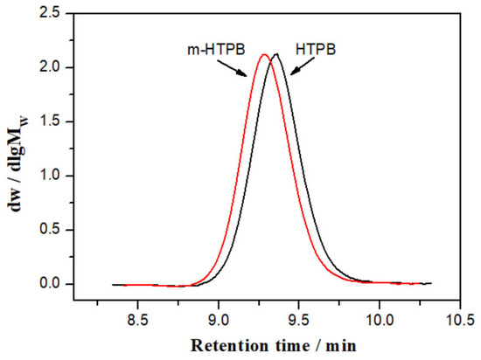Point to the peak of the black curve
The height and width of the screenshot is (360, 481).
point(276,54)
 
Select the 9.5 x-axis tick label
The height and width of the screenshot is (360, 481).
point(299,319)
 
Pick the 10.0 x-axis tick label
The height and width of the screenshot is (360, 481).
point(379,319)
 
